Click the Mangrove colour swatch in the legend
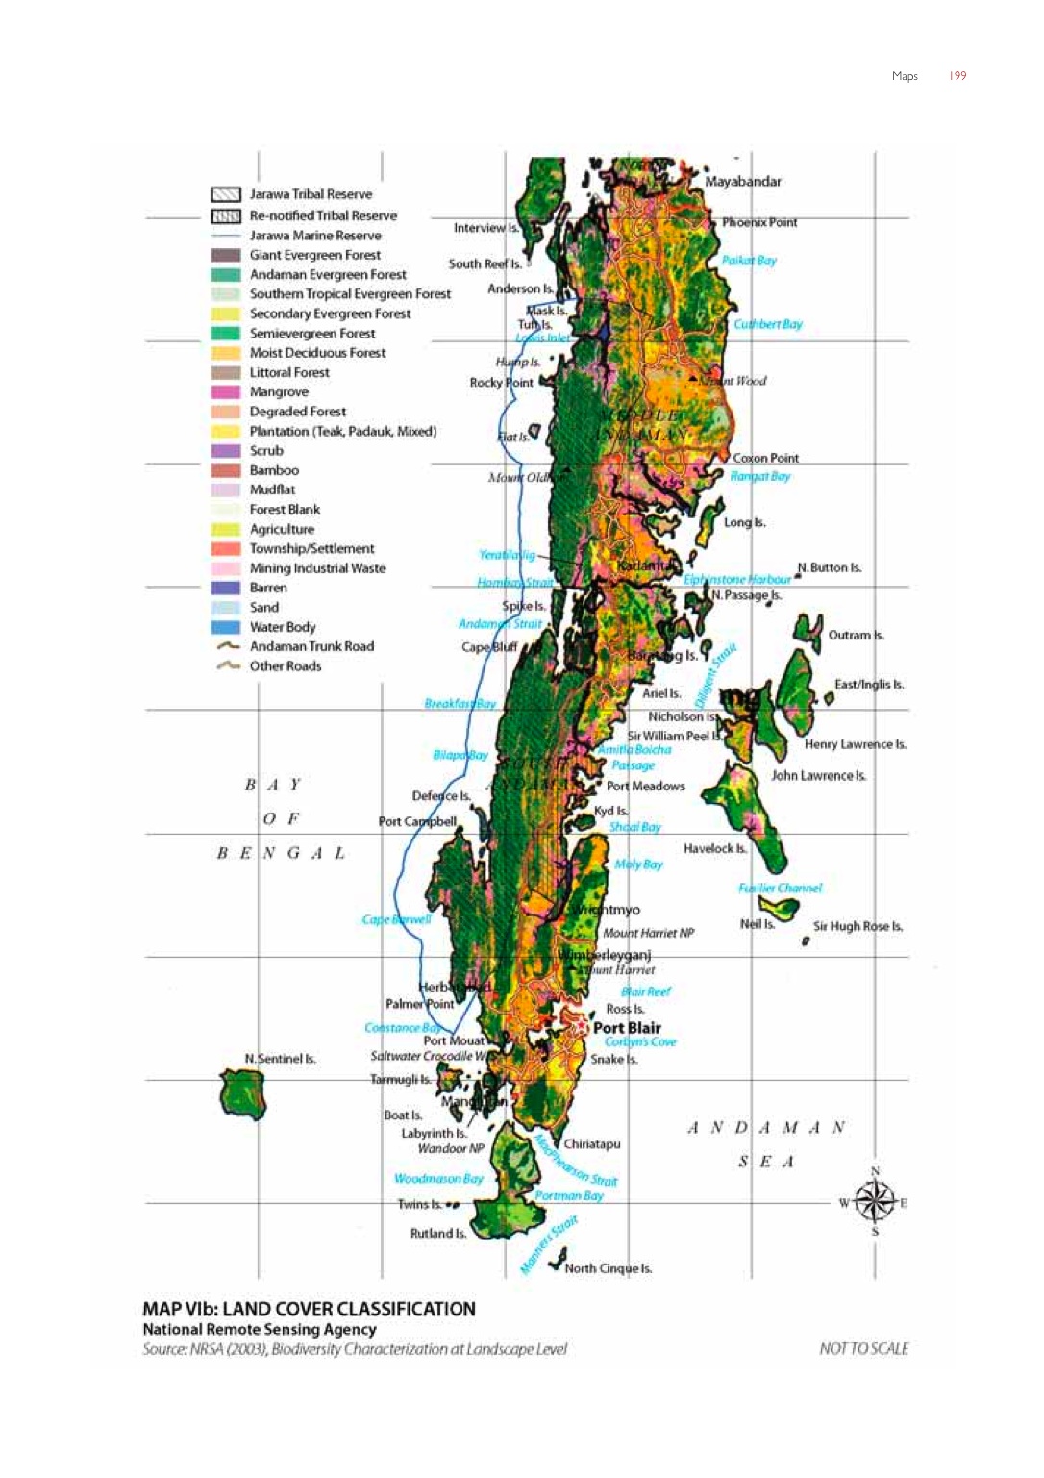click(x=225, y=392)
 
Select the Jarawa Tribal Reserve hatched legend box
click(x=225, y=194)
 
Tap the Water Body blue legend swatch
click(x=225, y=627)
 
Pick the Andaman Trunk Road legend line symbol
click(x=228, y=646)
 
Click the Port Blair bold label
click(x=627, y=1028)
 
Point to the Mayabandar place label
click(x=743, y=181)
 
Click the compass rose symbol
click(x=874, y=1201)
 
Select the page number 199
click(x=957, y=76)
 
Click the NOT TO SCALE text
click(x=863, y=1348)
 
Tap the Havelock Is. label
click(x=714, y=848)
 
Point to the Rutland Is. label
click(x=437, y=1233)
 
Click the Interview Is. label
click(x=485, y=228)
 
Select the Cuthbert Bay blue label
click(x=767, y=324)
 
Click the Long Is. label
click(x=744, y=522)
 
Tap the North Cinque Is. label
click(x=608, y=1268)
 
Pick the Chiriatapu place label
click(x=591, y=1144)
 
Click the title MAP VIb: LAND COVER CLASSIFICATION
click(x=309, y=1309)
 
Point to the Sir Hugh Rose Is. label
click(x=858, y=926)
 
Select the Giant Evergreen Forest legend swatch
click(x=225, y=255)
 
